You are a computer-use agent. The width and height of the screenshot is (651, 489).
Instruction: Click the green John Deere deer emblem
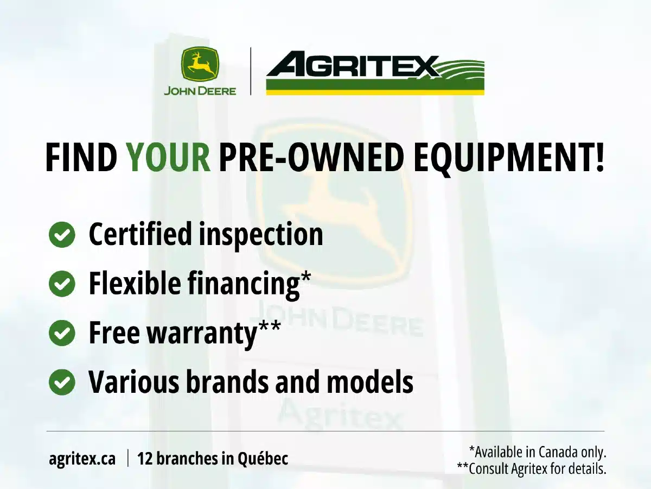point(200,64)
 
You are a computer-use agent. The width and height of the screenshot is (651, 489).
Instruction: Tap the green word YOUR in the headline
point(169,157)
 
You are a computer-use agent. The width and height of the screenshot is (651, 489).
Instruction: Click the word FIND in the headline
point(81,157)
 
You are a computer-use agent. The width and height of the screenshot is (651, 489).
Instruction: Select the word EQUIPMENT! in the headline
point(509,158)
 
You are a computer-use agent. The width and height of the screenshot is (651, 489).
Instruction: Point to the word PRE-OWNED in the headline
point(311,157)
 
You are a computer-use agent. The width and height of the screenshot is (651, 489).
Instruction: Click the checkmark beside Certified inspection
point(62,235)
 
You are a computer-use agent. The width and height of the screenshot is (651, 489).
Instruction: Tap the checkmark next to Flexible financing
point(62,284)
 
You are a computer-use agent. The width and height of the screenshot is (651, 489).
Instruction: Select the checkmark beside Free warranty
point(62,333)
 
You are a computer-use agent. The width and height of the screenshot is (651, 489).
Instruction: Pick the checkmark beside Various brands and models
point(62,382)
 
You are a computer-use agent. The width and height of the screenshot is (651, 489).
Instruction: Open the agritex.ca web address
point(82,459)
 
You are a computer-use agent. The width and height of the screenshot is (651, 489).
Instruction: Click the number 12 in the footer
point(145,459)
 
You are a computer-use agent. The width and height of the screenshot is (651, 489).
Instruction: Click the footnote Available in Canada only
point(538,452)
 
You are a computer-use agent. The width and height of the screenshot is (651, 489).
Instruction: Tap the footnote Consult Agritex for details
point(532,469)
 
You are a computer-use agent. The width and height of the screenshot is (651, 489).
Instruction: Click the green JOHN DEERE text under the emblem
point(200,91)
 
